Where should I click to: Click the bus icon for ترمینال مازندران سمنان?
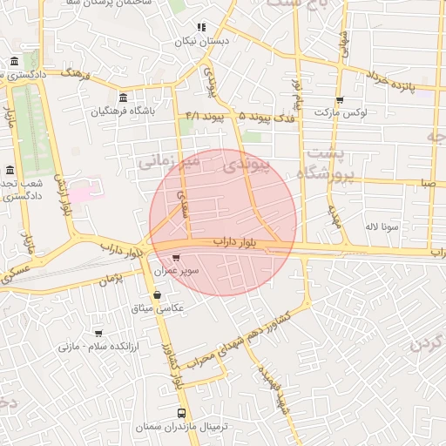coord(182,414)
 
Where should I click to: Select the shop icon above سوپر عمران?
coord(177,258)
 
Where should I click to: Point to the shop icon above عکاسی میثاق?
coord(157,294)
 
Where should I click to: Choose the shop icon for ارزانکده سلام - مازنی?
coord(98,333)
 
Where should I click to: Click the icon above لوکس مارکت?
coord(339,99)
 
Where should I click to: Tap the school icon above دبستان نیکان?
coord(201,27)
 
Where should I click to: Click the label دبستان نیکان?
coord(201,41)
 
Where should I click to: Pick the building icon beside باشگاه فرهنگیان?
coord(123,97)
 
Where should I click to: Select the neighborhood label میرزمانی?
coord(169,161)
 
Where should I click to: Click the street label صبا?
coord(427,183)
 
